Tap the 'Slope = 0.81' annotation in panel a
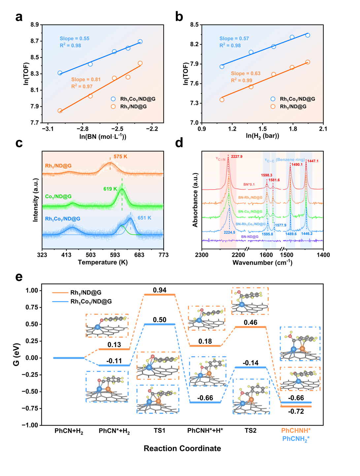coord(86,80)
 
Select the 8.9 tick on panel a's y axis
coord(35,25)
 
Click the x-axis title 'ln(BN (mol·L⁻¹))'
coord(103,136)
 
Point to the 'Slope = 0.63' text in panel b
coord(245,74)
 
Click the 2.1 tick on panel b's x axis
coord(323,129)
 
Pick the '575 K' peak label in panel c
coord(120,156)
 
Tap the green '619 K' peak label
coord(110,189)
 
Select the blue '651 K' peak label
coord(144,218)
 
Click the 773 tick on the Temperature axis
coord(164,255)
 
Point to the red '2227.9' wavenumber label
coord(237,156)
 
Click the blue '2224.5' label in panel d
coord(230,232)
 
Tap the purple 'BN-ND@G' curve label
coord(250,237)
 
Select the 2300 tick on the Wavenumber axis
coord(202,255)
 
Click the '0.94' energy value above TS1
coord(159,290)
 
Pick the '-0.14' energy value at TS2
coord(250,363)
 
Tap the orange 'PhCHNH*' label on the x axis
coord(296,430)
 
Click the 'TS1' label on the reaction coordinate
coord(159,430)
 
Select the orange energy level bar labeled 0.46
coord(250,327)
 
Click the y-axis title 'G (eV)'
coord(17,355)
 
